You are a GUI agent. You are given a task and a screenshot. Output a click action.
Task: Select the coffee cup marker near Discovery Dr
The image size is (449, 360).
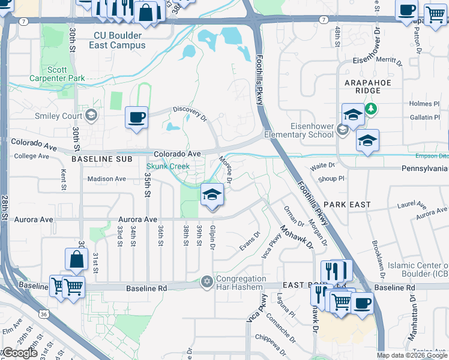(136, 116)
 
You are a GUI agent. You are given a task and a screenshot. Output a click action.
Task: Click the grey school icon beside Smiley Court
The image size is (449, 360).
(91, 115)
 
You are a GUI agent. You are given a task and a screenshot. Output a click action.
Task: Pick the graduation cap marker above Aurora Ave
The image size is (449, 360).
(211, 194)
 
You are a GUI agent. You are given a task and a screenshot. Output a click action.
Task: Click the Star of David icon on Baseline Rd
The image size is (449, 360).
(207, 282)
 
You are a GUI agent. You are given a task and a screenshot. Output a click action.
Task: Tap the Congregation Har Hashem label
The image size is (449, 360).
(241, 283)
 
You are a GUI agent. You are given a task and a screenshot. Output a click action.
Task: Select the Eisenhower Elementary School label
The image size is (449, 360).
(303, 130)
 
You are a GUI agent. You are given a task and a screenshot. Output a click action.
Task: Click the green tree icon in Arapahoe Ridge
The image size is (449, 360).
(372, 108)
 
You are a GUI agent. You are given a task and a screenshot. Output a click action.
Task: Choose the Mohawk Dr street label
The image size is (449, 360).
(297, 236)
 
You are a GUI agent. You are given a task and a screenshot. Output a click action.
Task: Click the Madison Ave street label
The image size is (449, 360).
(106, 179)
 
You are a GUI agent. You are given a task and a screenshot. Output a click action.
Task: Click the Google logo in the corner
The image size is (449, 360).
(19, 353)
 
